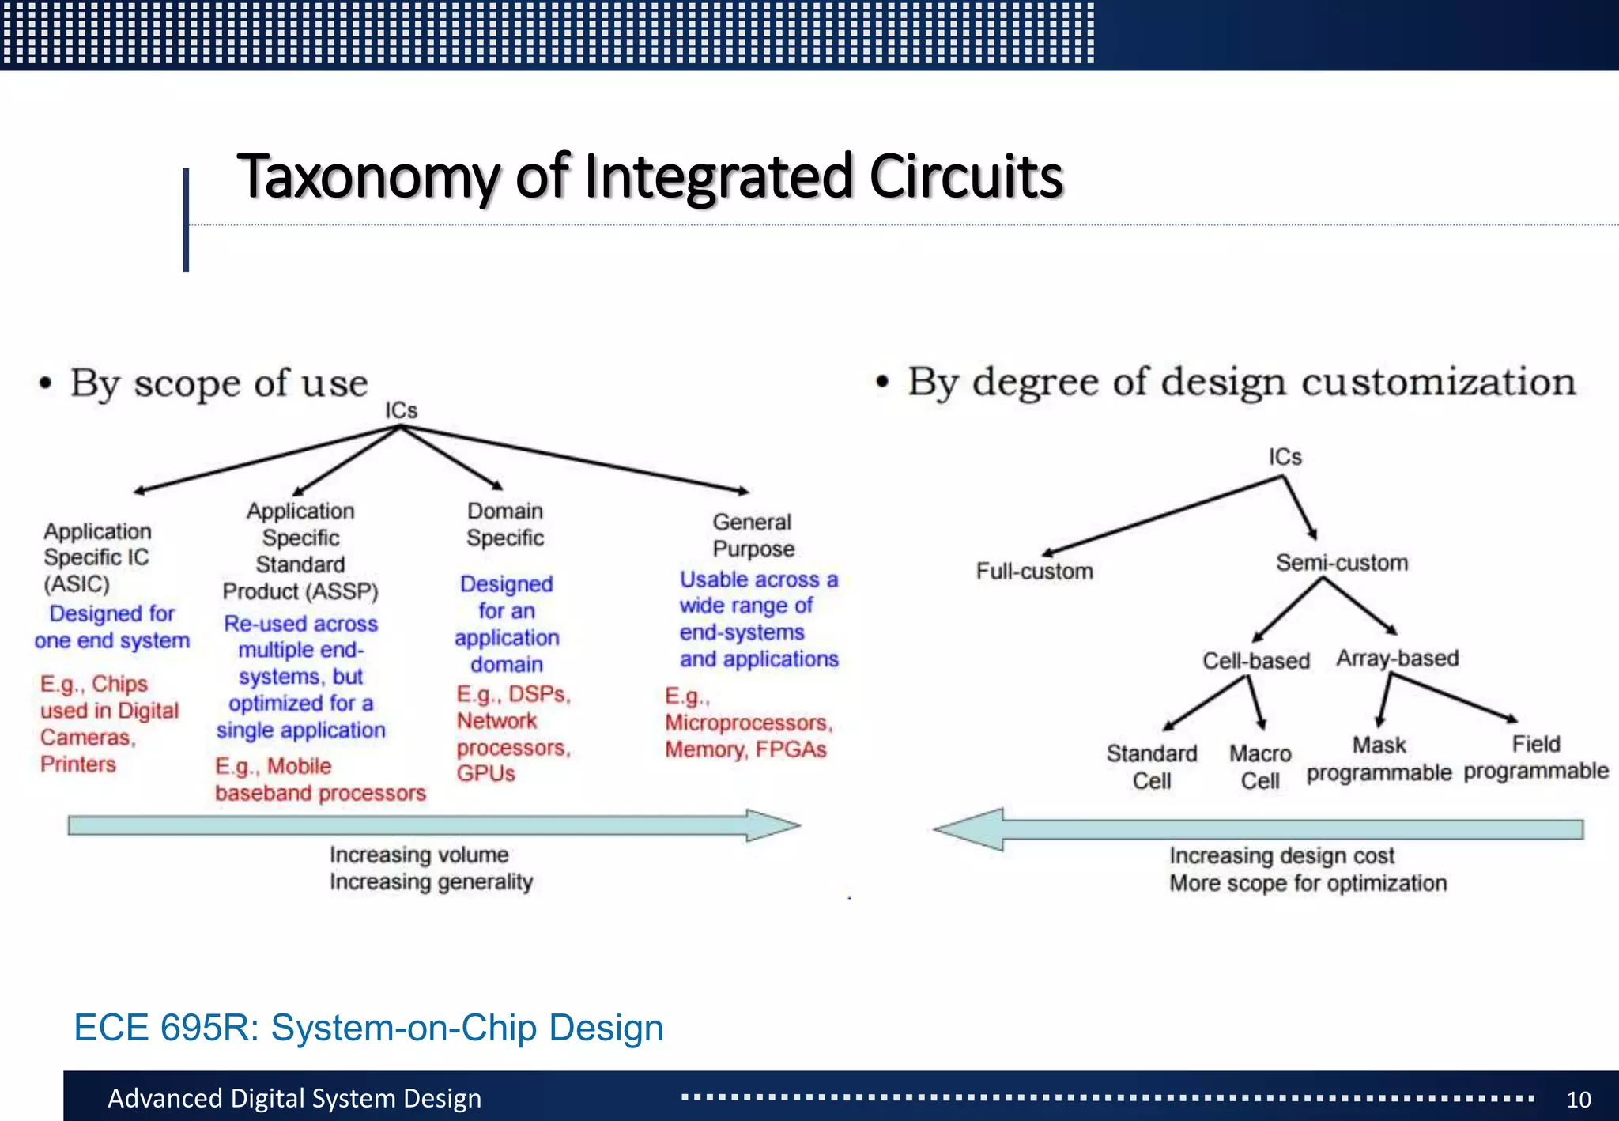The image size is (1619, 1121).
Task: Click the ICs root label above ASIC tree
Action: coord(401,410)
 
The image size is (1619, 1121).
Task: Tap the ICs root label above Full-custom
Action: coord(1285,457)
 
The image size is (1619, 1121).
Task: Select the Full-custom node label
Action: coord(1034,571)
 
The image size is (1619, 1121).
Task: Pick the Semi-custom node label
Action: coord(1342,563)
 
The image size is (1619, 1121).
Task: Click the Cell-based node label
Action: coord(1256,660)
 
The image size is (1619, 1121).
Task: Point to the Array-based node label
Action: coord(1397,658)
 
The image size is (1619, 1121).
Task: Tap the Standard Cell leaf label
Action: coord(1152,767)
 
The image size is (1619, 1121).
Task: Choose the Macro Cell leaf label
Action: coord(1260,767)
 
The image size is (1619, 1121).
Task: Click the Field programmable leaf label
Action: coord(1536,757)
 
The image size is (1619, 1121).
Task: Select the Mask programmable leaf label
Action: coord(1379,758)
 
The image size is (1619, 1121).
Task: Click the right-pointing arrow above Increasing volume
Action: coord(434,825)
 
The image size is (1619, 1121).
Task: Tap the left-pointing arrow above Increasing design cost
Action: coord(1257,829)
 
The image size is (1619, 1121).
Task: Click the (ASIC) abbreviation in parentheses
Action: coord(77,584)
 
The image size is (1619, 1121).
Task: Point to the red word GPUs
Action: coord(485,773)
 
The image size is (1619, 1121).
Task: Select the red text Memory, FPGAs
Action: coord(745,749)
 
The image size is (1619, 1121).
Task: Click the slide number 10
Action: coord(1578,1099)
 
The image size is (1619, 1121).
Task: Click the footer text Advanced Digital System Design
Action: coord(294,1098)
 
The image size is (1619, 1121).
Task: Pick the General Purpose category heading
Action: coord(753,535)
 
